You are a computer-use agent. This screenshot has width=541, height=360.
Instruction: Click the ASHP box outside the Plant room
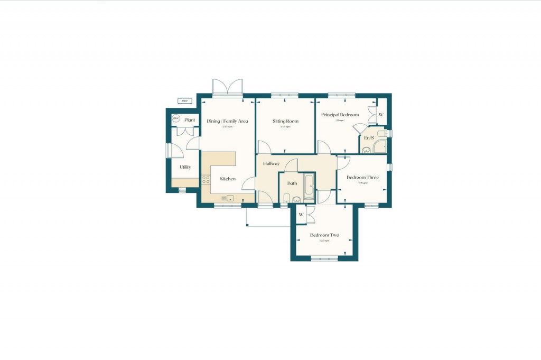[184, 101]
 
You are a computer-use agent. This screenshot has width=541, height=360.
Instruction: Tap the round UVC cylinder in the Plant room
[176, 118]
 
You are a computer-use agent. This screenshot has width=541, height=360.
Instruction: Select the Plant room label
[190, 120]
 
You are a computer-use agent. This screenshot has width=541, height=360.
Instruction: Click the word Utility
[185, 167]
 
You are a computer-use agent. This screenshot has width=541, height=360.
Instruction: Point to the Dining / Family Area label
[227, 121]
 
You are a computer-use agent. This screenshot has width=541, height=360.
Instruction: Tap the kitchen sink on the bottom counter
[228, 198]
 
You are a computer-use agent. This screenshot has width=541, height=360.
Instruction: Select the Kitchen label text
[228, 179]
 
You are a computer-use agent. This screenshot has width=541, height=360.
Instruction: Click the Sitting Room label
[285, 121]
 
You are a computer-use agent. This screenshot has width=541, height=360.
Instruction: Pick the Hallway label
[271, 163]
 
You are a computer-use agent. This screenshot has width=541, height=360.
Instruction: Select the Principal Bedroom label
[340, 115]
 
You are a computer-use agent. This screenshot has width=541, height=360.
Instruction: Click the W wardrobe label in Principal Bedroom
[381, 115]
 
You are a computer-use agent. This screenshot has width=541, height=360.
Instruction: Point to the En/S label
[369, 138]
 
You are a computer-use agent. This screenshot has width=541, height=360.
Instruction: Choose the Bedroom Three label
[362, 178]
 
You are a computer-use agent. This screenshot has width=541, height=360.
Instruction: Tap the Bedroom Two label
[324, 235]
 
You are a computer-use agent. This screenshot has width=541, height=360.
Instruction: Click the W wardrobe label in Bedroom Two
[301, 215]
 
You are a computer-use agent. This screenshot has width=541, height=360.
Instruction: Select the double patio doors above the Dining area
[227, 87]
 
